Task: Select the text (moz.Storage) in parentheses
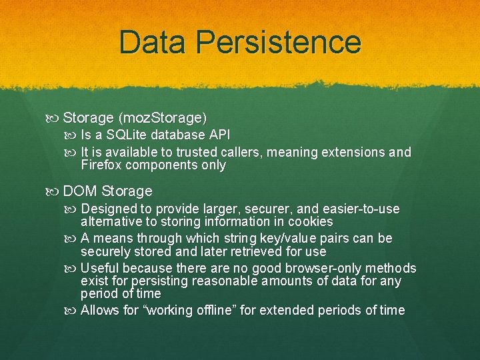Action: click(x=163, y=118)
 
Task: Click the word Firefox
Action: click(x=103, y=165)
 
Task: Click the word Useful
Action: click(x=99, y=269)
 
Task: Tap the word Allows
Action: click(x=99, y=311)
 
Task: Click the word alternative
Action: click(x=109, y=221)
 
